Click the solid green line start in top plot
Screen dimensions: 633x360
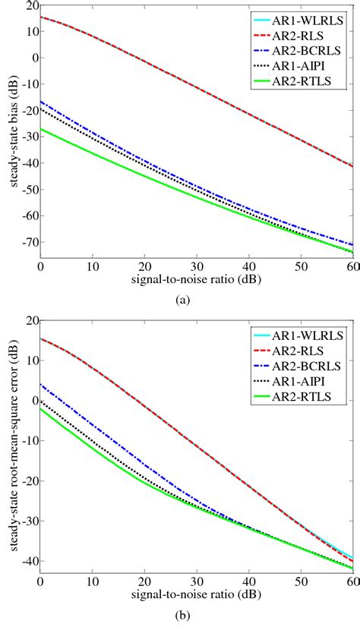(x=42, y=129)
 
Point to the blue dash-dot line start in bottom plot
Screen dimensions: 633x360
(x=42, y=384)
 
